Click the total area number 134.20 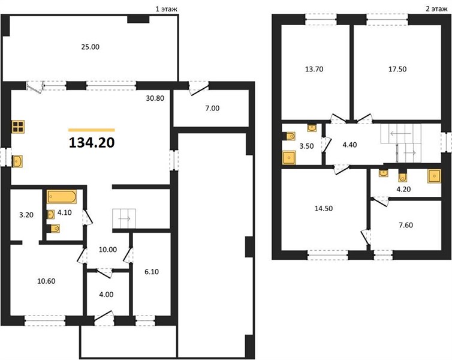pyautogui.click(x=92, y=143)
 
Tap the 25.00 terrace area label pyautogui.click(x=91, y=47)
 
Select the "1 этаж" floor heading pyautogui.click(x=166, y=9)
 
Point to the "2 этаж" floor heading pyautogui.click(x=436, y=9)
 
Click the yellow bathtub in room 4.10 pyautogui.click(x=62, y=197)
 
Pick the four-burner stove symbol pyautogui.click(x=18, y=127)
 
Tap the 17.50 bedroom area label pyautogui.click(x=397, y=69)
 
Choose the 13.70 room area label pyautogui.click(x=314, y=69)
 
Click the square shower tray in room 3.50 pyautogui.click(x=289, y=157)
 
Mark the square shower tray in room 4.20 pyautogui.click(x=434, y=176)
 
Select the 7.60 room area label pyautogui.click(x=406, y=225)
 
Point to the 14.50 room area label pyautogui.click(x=324, y=208)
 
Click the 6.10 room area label pyautogui.click(x=151, y=272)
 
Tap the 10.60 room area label pyautogui.click(x=46, y=281)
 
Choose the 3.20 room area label pyautogui.click(x=26, y=215)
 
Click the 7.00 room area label pyautogui.click(x=212, y=108)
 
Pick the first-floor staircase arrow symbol pyautogui.click(x=124, y=218)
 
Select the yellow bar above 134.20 pyautogui.click(x=92, y=130)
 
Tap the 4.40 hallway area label pyautogui.click(x=349, y=145)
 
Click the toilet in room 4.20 pyautogui.click(x=402, y=176)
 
